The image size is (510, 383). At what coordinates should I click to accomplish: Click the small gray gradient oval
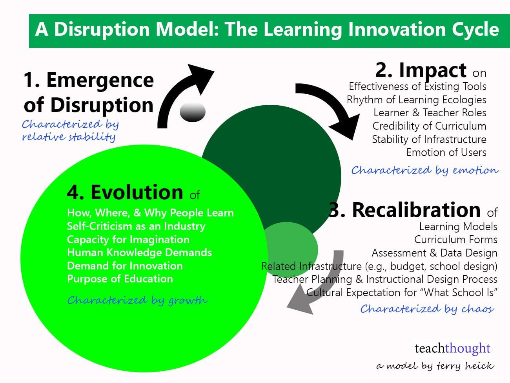pos(193,112)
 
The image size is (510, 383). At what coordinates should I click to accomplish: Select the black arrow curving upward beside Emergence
pos(180,94)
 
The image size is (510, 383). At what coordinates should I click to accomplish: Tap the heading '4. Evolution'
pos(125,192)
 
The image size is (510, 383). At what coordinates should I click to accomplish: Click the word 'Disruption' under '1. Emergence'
pos(102,105)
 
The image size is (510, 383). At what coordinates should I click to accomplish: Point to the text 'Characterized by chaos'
pos(427,309)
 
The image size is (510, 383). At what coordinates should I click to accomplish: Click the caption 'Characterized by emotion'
pos(425,170)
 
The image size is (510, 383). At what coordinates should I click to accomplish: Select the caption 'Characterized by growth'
pos(137,301)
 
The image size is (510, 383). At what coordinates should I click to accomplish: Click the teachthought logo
pos(452,348)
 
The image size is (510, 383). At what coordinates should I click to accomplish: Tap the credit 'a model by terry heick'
pos(435,366)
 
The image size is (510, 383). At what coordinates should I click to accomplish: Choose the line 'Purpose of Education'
pos(120,279)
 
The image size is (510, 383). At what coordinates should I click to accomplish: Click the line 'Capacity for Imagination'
pos(128,240)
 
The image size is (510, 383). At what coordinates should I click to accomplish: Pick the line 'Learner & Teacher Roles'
pos(430,113)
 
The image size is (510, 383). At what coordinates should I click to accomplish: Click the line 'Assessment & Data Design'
pos(434,253)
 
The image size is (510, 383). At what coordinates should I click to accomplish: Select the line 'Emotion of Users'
pos(446,152)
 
